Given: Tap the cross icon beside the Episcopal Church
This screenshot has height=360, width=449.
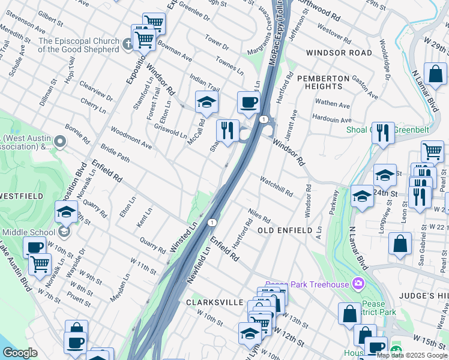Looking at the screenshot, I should click(x=127, y=44).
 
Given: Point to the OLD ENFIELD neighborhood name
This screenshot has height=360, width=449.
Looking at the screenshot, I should click(x=285, y=230).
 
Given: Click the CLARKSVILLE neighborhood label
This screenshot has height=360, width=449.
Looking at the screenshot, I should click(x=214, y=303).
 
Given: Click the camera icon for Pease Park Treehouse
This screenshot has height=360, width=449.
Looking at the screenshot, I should click(x=358, y=283).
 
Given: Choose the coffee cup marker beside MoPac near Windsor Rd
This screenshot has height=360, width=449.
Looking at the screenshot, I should click(x=248, y=103).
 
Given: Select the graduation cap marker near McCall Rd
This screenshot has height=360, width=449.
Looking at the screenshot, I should click(x=206, y=103).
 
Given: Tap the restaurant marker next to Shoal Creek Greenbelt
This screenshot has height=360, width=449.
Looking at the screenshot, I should click(x=382, y=133).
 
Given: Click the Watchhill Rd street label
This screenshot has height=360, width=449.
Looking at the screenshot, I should click(x=276, y=186).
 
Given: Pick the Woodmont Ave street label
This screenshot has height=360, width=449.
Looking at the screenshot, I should click(x=130, y=137).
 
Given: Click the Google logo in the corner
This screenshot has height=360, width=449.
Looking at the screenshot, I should click(x=20, y=353).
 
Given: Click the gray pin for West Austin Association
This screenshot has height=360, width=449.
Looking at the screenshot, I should click(x=59, y=142).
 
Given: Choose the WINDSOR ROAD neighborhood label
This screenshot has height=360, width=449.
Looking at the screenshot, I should click(x=339, y=53).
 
